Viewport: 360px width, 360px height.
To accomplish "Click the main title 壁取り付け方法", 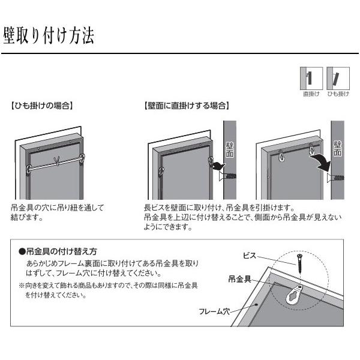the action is (x=49, y=35).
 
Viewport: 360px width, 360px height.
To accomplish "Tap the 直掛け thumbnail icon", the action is (x=311, y=78).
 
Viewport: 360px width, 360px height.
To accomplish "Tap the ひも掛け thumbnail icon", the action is (x=338, y=78).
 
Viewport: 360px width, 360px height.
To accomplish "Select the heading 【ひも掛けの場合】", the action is (x=42, y=106).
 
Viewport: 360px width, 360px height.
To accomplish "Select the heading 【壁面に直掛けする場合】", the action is (x=187, y=106).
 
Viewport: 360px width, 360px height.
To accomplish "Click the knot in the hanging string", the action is (x=57, y=161).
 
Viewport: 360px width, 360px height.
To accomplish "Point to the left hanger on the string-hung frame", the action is (x=29, y=169).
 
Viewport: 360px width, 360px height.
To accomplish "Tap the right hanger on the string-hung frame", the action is (x=82, y=158).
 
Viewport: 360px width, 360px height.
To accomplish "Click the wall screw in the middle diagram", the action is (x=227, y=176).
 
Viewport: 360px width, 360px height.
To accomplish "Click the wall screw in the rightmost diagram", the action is (x=335, y=177).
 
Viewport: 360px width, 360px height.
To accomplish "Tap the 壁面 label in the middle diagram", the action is (x=230, y=150).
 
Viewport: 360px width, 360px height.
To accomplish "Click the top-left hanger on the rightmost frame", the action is (x=281, y=155).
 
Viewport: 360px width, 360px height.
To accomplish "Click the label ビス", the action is (x=250, y=256).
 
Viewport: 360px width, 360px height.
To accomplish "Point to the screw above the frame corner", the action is (x=299, y=263).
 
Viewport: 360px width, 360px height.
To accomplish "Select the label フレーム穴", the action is (x=214, y=311).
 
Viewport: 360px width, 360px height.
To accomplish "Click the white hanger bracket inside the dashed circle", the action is (x=295, y=295).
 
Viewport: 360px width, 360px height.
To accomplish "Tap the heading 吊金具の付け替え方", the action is (x=58, y=251).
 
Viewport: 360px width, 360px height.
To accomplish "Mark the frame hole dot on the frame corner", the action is (x=257, y=305).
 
